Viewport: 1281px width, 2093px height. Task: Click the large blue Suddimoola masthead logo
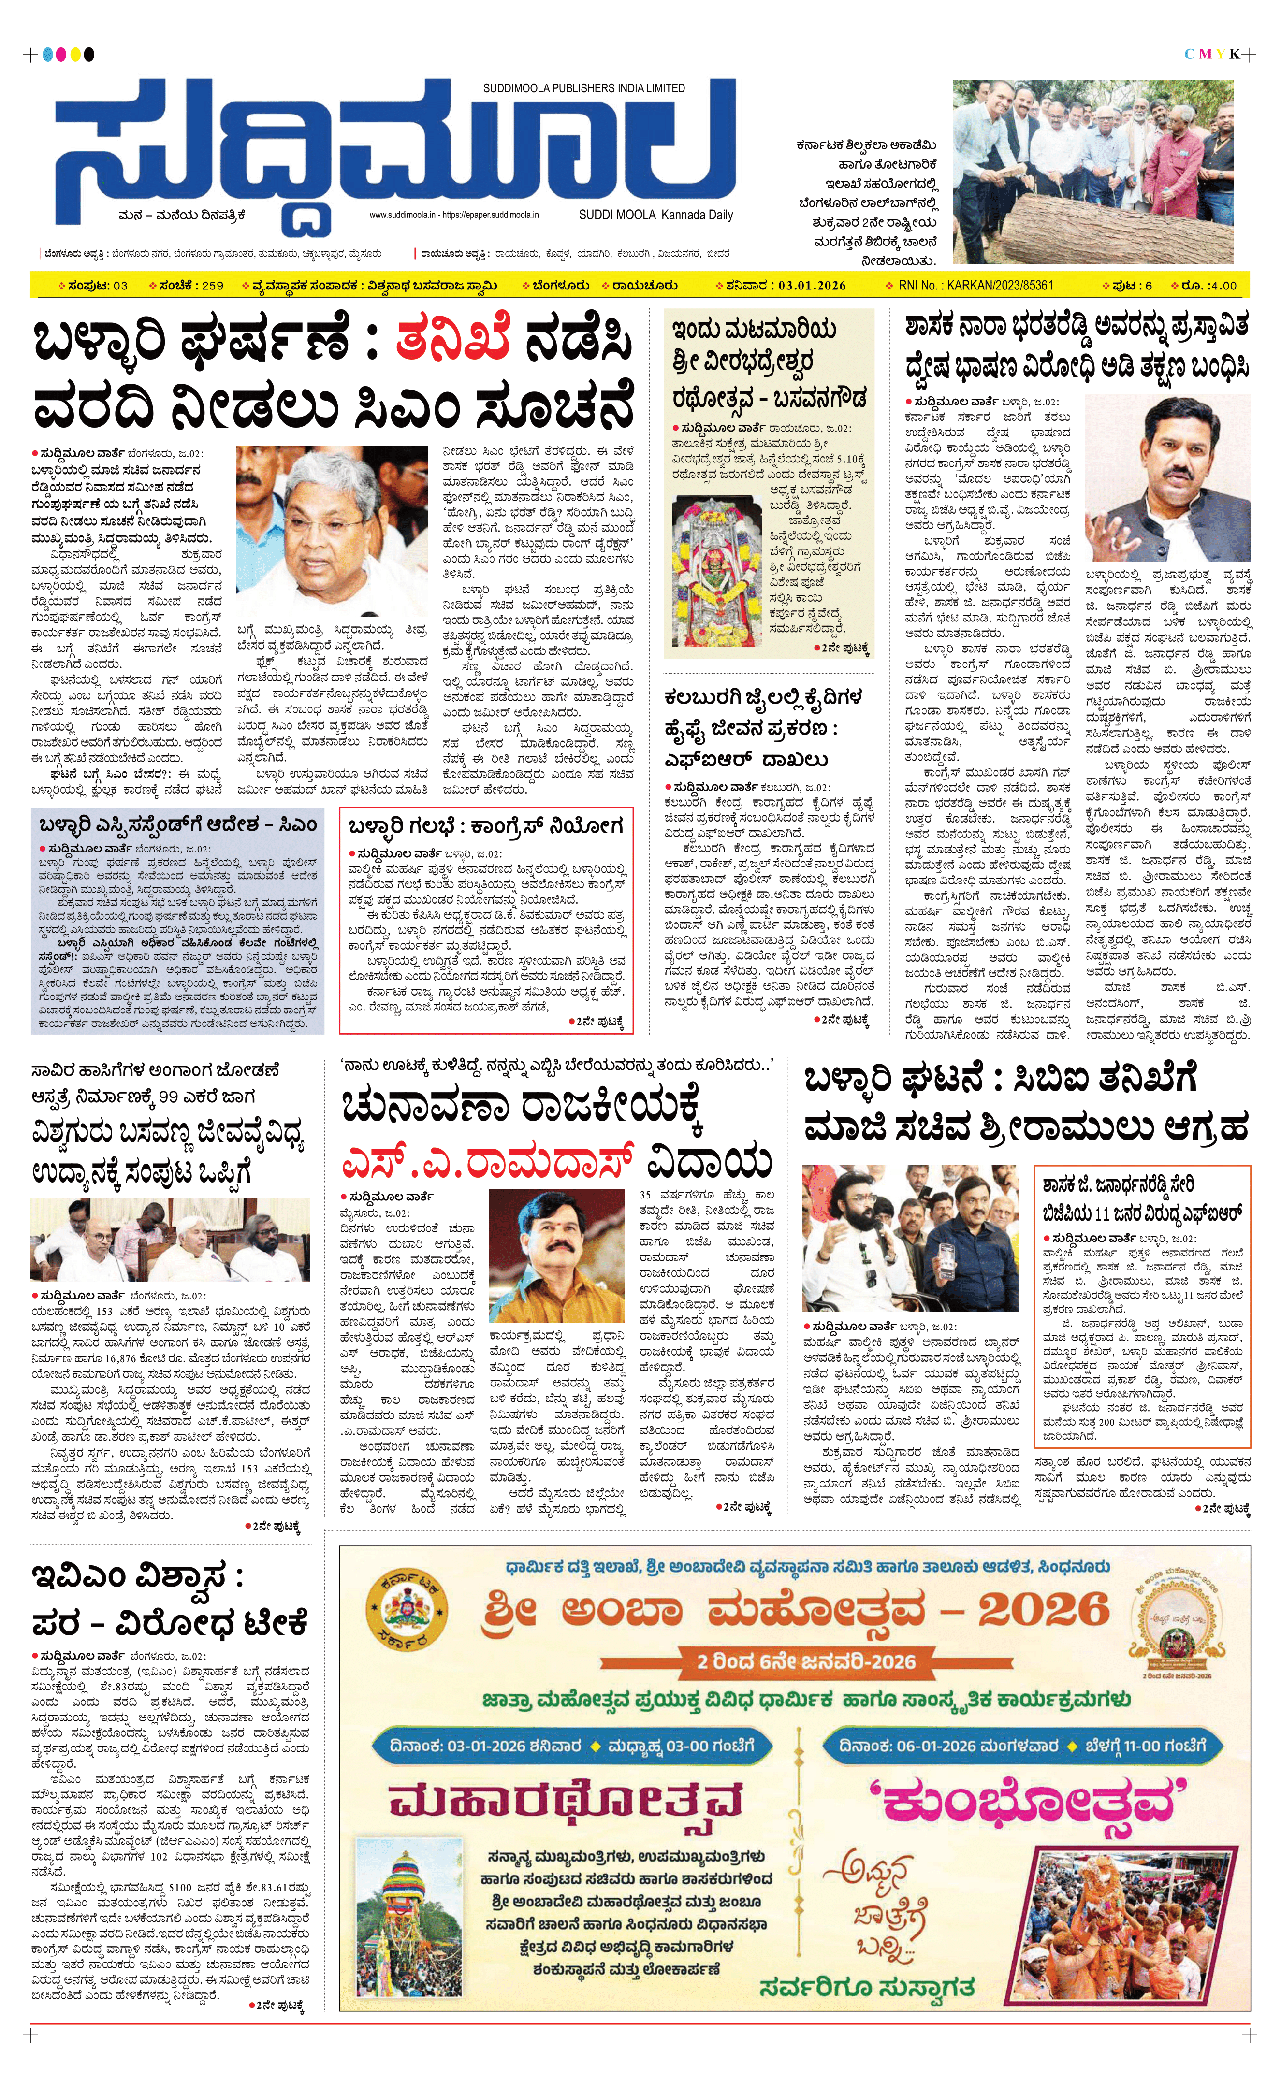(395, 153)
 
